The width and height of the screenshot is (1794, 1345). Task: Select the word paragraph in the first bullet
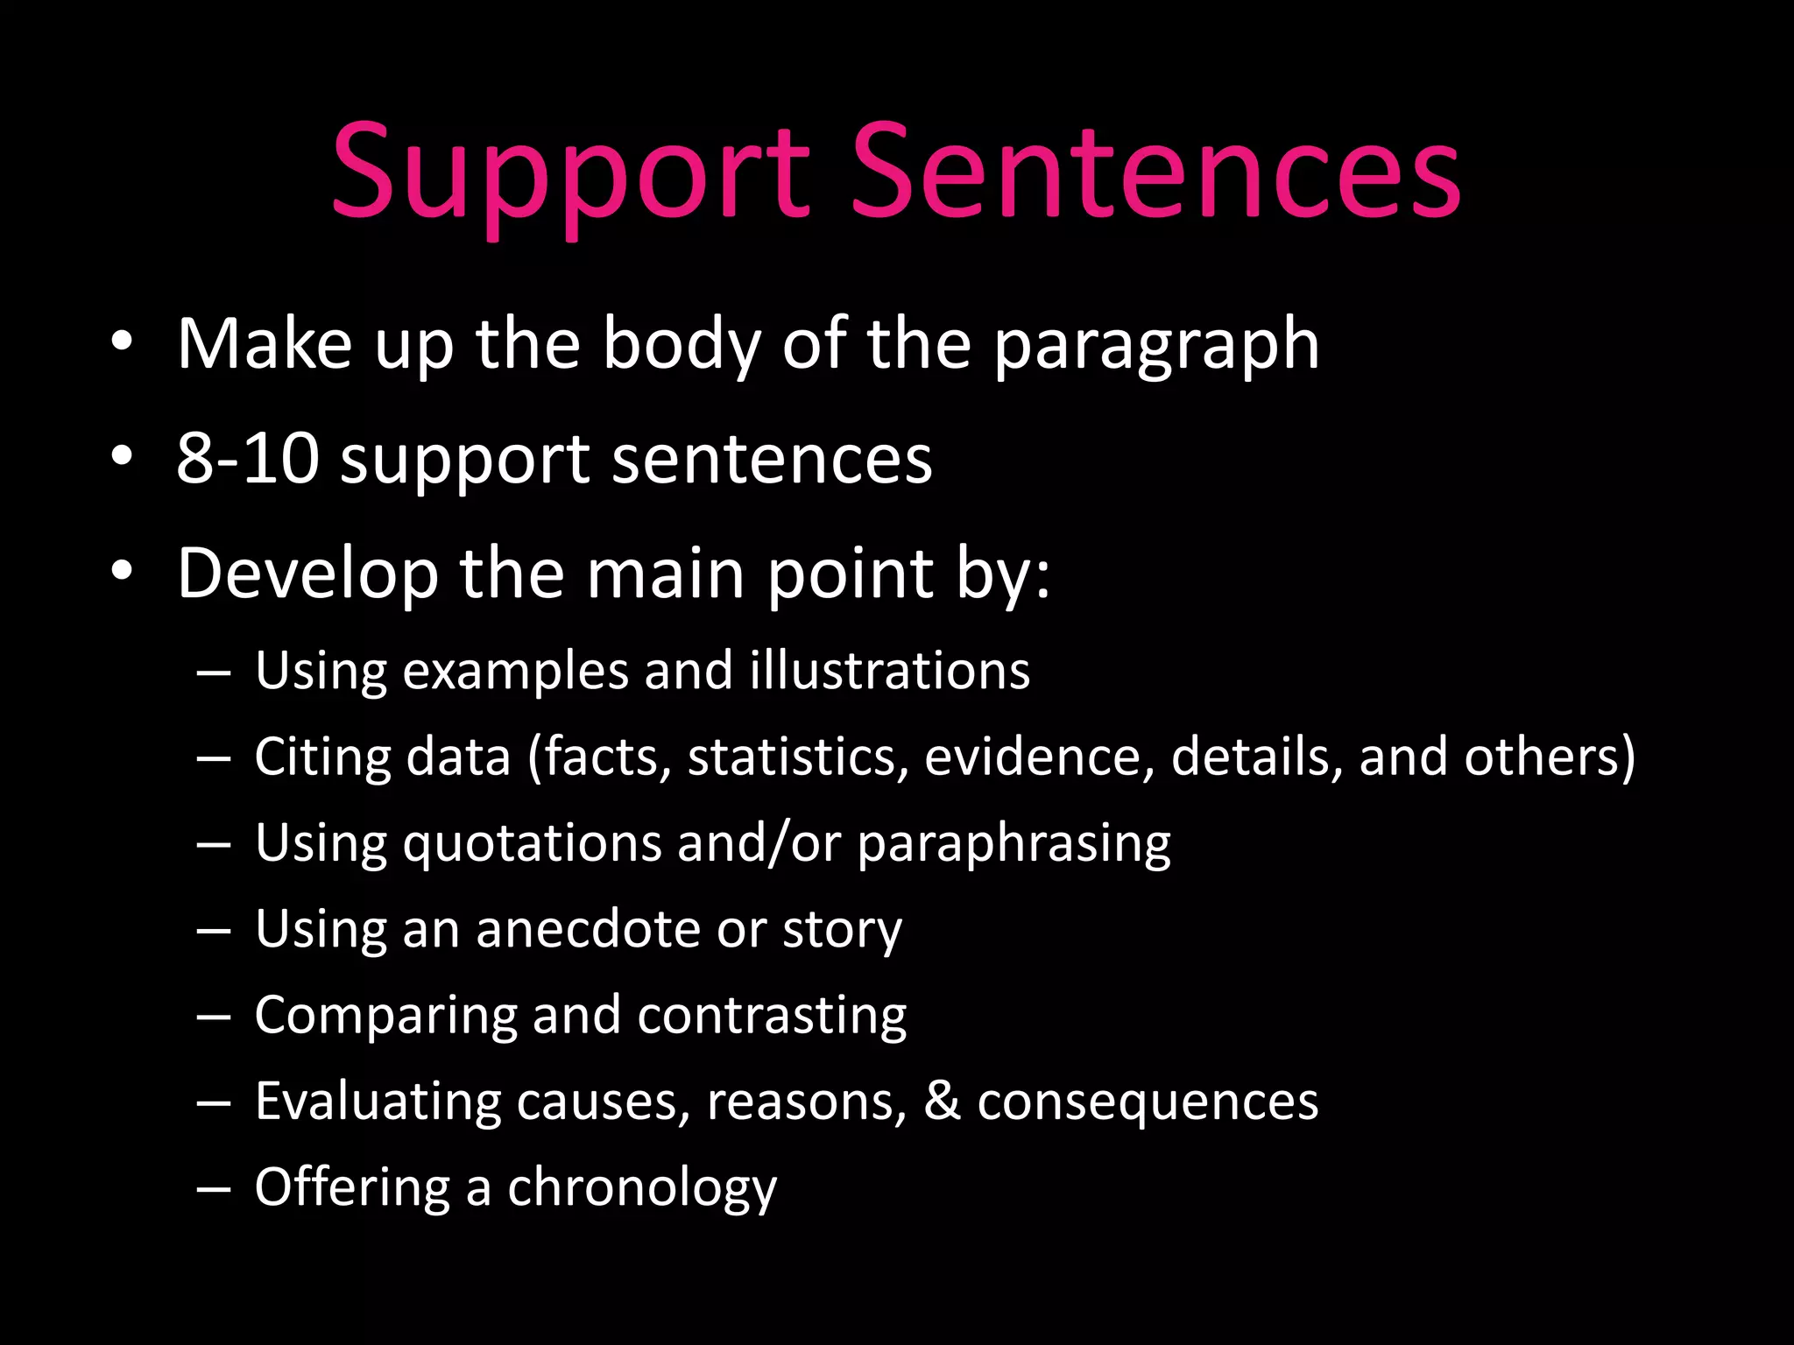(1155, 345)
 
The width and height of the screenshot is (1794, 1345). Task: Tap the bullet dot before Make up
(123, 342)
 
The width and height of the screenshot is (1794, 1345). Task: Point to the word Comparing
(385, 1016)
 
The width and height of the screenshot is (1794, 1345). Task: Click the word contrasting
(772, 1016)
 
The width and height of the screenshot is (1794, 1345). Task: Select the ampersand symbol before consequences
(942, 1101)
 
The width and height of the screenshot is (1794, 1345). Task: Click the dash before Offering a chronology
(214, 1189)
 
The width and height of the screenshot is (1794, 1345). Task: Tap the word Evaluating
(378, 1102)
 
